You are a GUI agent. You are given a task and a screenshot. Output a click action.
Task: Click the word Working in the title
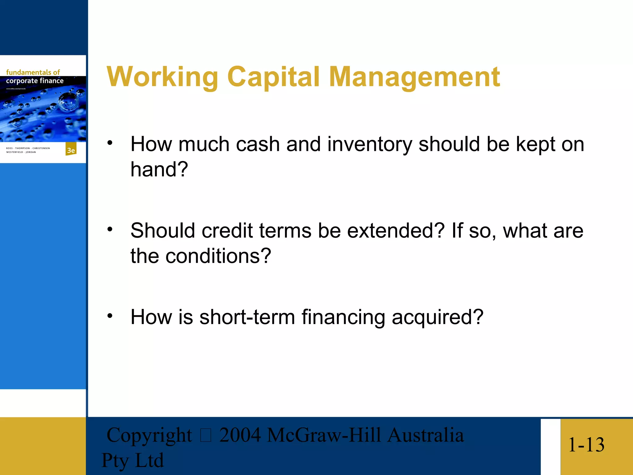click(162, 77)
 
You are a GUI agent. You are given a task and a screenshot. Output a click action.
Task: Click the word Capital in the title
click(273, 77)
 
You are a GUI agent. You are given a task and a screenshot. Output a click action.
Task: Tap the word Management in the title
click(414, 77)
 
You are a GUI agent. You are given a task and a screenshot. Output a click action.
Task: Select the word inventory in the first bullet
click(369, 145)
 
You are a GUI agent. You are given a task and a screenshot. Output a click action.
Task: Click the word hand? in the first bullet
click(159, 169)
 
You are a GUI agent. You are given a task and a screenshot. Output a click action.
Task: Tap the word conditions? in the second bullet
click(218, 256)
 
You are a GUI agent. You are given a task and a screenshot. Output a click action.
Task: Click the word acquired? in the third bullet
click(437, 318)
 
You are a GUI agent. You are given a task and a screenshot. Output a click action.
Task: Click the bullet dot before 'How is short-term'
click(110, 316)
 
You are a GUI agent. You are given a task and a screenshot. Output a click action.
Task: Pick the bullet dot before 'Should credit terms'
click(110, 229)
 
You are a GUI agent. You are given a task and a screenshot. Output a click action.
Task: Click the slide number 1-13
click(586, 445)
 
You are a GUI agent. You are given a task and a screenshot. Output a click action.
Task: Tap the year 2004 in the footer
click(240, 435)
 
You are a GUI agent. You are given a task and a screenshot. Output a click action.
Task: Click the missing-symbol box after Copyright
click(206, 435)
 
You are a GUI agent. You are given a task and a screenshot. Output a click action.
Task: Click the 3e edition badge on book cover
click(71, 150)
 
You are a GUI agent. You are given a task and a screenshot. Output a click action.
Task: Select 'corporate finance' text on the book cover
click(35, 81)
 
